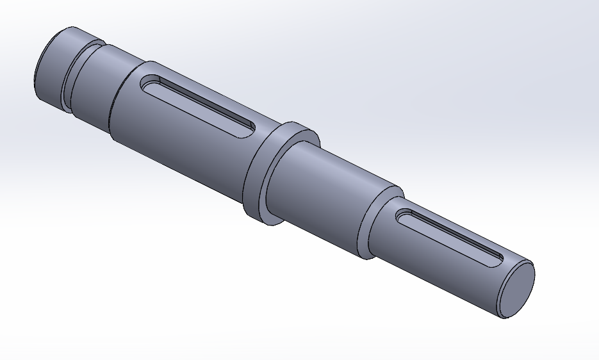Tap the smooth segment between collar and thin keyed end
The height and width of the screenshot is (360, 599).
tap(320, 192)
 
